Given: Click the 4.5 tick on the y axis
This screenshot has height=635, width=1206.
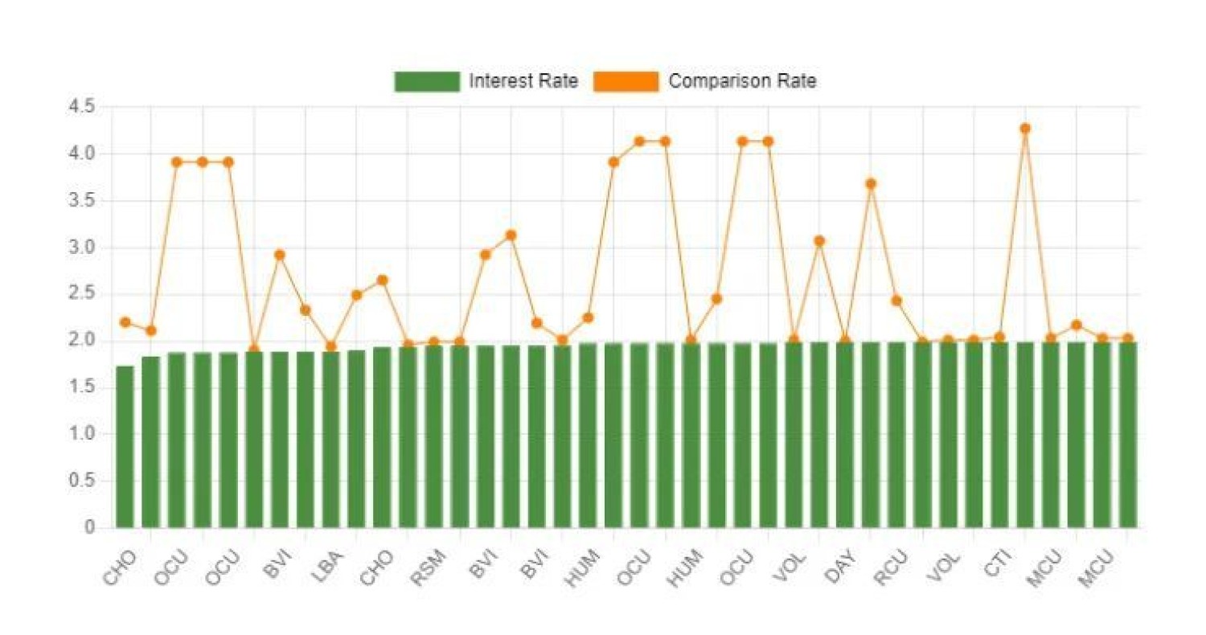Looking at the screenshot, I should click(x=84, y=106).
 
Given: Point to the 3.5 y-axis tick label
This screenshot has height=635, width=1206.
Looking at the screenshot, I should click(x=84, y=200).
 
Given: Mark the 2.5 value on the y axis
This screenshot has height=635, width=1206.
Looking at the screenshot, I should click(x=84, y=294).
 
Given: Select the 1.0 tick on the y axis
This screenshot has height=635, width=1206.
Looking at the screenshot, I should click(x=84, y=435).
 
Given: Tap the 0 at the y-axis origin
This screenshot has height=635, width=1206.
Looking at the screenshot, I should click(x=90, y=528).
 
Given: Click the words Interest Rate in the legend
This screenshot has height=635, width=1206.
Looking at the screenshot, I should click(x=523, y=81).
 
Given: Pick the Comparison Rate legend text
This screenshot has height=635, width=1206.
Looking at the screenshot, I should click(x=742, y=81).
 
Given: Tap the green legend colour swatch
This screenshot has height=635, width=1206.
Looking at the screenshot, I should click(x=426, y=81).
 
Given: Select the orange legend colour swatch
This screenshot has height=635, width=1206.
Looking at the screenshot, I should click(x=626, y=81).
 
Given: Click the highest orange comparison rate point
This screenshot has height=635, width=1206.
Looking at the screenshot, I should click(x=1024, y=129).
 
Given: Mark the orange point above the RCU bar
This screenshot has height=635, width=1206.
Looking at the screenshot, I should click(x=896, y=301).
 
